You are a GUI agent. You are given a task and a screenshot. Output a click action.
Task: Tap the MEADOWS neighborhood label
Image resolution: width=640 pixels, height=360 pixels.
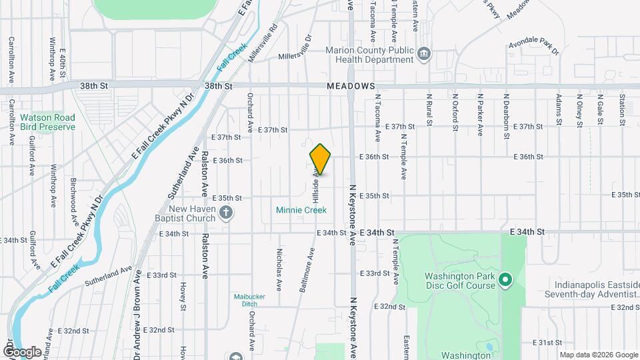351,87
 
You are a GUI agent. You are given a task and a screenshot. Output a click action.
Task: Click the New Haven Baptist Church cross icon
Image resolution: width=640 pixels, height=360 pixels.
227,213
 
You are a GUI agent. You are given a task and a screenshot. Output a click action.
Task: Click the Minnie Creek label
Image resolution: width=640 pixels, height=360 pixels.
301,210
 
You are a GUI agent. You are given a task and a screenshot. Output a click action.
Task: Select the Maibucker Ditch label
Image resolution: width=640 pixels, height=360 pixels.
245,300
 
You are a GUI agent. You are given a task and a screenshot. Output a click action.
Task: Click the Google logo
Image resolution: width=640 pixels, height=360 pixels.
22,351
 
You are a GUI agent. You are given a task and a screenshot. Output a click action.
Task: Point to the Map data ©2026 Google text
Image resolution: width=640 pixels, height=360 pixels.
599,355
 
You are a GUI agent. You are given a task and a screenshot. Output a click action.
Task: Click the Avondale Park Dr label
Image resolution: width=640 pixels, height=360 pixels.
533,44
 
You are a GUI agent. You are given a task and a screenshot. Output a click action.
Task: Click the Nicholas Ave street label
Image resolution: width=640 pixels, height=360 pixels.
278,265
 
